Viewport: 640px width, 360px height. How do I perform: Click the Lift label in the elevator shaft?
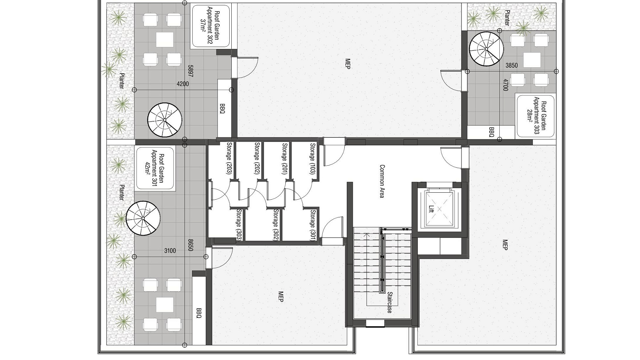point(431,209)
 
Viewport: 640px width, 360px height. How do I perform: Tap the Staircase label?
point(389,302)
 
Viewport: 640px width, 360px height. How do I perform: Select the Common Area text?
point(382,181)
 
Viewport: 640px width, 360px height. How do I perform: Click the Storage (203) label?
point(229,158)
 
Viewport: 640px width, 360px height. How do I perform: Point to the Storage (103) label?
point(312,159)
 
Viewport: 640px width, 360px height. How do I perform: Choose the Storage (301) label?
point(313,225)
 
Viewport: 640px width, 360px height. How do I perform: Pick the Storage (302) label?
point(275,225)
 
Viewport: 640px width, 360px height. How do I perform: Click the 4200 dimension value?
point(183,84)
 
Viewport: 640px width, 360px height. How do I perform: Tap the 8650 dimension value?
point(191,245)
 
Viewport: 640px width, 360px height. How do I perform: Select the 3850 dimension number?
point(512,66)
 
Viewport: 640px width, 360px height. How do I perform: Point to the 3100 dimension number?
point(170,251)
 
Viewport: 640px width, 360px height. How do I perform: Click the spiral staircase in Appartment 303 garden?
point(486,49)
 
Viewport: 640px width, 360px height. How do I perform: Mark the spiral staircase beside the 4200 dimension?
point(165,120)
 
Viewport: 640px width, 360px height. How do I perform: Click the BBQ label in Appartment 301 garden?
point(199,312)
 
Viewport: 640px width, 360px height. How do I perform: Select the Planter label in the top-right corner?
point(507,18)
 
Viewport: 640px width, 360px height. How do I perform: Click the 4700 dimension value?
point(505,85)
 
